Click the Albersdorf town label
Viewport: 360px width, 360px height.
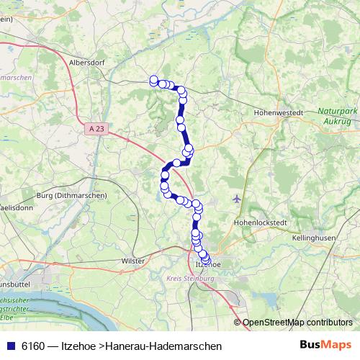[x=87, y=63]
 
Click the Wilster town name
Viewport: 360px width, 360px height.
[x=134, y=260]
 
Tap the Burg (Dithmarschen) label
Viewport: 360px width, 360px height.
[x=71, y=195]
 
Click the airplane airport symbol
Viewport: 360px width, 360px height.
[x=238, y=198]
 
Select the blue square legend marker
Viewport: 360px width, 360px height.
[x=10, y=346]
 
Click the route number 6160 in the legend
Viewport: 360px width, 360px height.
[x=33, y=346]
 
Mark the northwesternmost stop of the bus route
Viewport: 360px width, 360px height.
[x=153, y=80]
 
